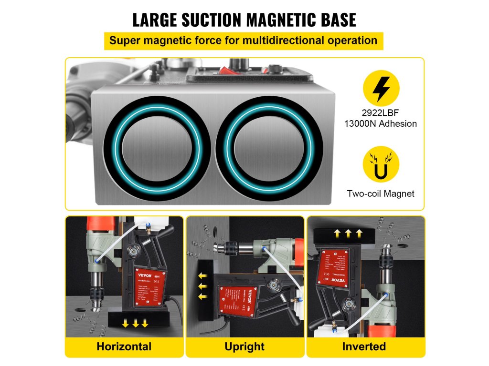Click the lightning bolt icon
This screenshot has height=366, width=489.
point(381,89)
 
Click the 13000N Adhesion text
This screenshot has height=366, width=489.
point(381,124)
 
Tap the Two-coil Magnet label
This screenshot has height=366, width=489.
point(381,193)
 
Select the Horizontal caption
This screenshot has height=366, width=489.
point(124,346)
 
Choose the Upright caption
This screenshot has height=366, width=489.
point(244,346)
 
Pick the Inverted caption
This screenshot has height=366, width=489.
point(365,346)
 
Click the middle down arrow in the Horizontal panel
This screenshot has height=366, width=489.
point(136,324)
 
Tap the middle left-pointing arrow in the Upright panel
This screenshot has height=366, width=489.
point(202,286)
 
